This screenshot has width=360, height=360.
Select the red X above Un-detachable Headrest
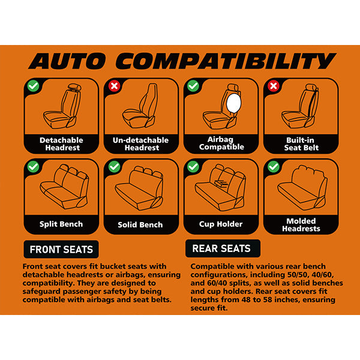(112, 86)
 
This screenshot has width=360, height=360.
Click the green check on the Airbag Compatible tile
(193, 86)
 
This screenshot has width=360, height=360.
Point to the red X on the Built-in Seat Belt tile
(273, 86)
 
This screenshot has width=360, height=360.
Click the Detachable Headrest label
(61, 143)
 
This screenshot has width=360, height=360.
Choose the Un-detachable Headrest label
(141, 143)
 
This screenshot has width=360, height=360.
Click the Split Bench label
(61, 224)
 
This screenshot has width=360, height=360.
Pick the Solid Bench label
(141, 225)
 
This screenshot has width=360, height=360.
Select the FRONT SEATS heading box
(62, 249)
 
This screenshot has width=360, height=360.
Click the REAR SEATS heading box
(221, 248)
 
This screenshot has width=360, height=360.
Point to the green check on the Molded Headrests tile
(273, 167)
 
